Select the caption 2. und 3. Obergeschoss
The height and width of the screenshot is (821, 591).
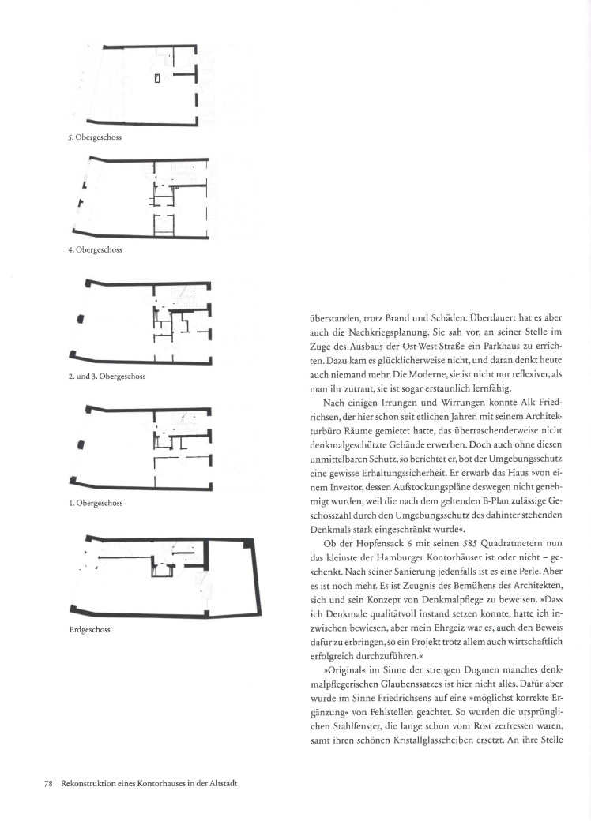107,376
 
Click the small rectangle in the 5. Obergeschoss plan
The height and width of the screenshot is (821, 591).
157,77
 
